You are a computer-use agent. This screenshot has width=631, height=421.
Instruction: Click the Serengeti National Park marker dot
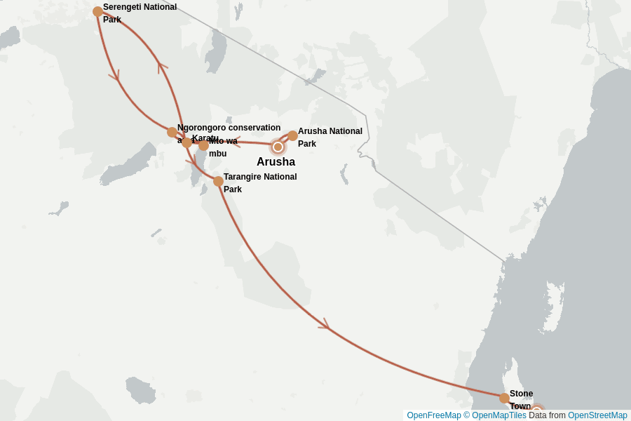(97, 11)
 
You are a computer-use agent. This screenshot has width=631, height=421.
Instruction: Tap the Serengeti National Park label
(140, 13)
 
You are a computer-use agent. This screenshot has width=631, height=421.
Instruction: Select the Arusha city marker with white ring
(278, 147)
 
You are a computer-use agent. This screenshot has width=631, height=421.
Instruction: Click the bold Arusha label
(276, 162)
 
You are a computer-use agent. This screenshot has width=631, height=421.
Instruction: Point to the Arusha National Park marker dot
(292, 135)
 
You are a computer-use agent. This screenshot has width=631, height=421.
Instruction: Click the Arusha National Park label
(330, 137)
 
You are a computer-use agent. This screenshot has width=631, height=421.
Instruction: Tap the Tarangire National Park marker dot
(218, 181)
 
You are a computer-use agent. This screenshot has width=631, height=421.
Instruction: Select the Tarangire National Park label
(259, 182)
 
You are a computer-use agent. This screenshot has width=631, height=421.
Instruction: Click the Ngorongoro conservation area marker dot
(172, 132)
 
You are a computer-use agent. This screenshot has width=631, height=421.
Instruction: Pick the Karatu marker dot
(186, 142)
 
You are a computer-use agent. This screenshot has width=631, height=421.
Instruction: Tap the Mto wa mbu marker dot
(203, 146)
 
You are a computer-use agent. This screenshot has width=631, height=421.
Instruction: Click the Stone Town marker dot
(504, 398)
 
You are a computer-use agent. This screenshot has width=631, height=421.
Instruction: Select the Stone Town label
(521, 399)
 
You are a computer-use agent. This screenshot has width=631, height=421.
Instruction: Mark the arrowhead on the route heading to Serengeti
(162, 67)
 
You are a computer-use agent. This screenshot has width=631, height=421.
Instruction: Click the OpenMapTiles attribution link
(498, 415)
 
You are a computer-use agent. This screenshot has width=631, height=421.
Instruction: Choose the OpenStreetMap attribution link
(597, 415)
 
